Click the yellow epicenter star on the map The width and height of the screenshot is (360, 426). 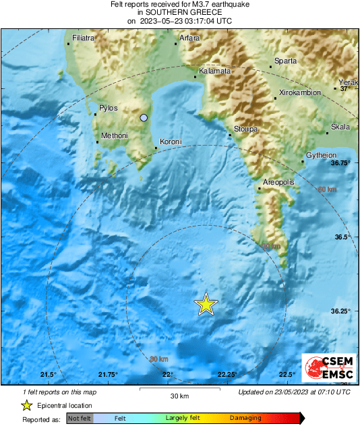(206, 305)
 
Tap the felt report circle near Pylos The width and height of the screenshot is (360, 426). (144, 118)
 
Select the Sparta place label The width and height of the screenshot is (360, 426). (285, 61)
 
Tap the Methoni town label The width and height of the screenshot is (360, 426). (114, 136)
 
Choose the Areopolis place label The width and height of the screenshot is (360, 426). (276, 183)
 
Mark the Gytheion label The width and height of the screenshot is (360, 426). (321, 156)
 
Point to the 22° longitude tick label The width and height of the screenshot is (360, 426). (167, 375)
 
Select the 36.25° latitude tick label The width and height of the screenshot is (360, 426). (340, 311)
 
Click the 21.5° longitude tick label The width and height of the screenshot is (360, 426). (48, 375)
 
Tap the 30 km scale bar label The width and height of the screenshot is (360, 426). (179, 395)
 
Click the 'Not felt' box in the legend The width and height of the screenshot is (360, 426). (80, 419)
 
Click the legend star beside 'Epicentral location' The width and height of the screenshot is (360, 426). (27, 405)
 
